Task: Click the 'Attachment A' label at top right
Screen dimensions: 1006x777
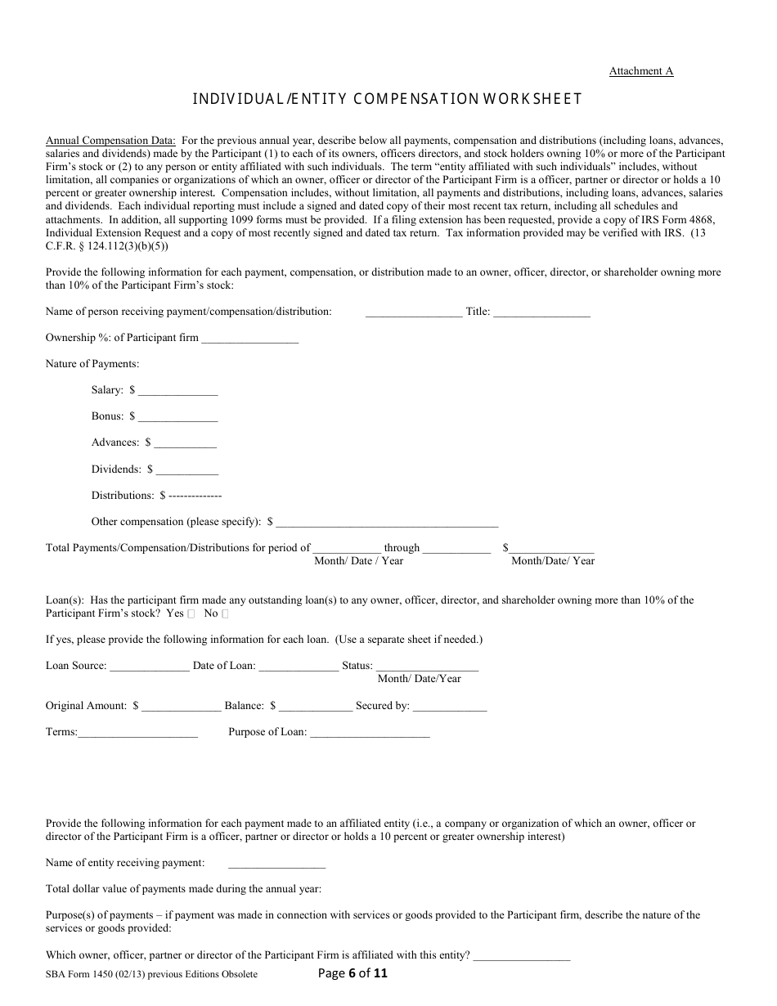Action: point(640,71)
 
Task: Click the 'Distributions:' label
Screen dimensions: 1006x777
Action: point(123,496)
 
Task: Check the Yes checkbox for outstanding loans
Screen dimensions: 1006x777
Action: point(191,613)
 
